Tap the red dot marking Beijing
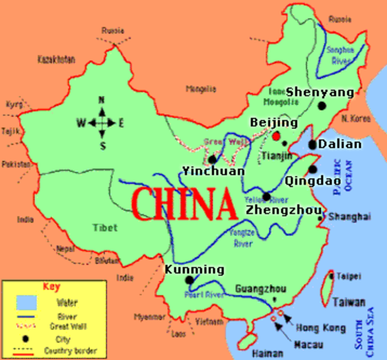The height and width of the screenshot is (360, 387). [277, 136]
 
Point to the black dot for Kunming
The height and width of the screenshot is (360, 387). [189, 280]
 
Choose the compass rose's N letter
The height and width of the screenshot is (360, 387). [102, 100]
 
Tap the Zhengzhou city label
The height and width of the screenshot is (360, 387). [283, 211]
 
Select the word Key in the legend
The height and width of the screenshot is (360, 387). [50, 286]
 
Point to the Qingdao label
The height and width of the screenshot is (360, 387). [313, 181]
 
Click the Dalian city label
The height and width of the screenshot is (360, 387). [340, 144]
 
